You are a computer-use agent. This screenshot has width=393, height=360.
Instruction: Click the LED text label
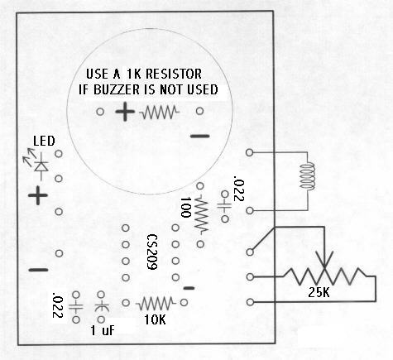(44, 142)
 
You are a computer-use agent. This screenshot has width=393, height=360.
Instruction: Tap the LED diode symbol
(40, 165)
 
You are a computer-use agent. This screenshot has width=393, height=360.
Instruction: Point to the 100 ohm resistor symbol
(201, 217)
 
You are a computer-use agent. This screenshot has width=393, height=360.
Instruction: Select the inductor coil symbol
(307, 175)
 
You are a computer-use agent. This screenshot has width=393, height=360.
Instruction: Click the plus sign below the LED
(36, 196)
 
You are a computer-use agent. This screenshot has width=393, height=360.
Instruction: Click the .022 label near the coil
(240, 188)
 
